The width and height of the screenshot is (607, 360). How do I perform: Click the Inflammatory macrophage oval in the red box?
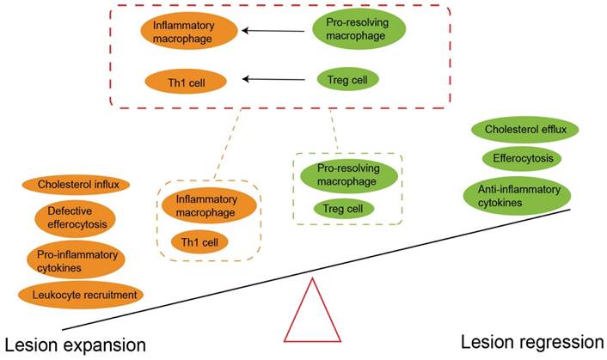point(187,31)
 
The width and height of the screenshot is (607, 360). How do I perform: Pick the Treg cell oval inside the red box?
point(347,80)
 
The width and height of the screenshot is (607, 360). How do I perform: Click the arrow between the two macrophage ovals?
point(273,31)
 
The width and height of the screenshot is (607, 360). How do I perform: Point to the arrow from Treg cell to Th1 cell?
point(273,81)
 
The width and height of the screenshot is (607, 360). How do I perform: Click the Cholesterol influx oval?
point(77,184)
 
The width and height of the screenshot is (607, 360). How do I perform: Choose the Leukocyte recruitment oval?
point(80,296)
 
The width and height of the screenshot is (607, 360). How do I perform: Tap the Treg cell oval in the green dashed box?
point(343,208)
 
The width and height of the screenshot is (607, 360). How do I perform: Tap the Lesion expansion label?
point(74,344)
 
